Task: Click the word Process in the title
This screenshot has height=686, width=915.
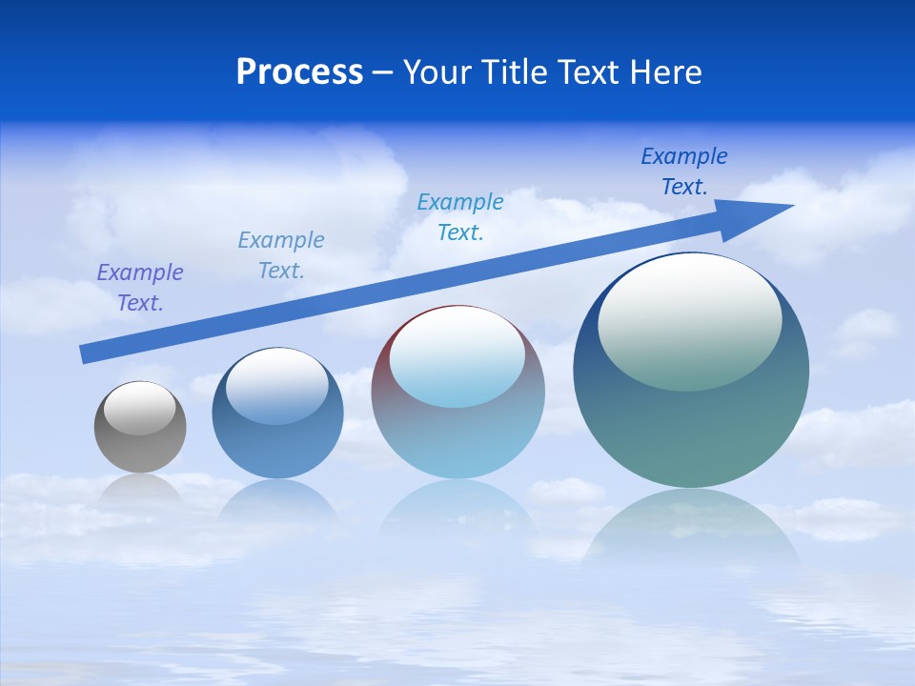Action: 299,72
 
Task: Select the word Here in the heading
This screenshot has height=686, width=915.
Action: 666,72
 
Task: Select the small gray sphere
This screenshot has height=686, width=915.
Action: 140,448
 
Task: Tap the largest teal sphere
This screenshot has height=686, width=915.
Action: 691,429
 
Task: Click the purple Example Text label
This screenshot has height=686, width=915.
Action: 140,287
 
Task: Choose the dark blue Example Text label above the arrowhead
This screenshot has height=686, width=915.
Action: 684,171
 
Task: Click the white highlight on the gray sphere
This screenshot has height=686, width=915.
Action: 140,408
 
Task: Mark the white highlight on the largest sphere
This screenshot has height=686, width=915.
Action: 689,319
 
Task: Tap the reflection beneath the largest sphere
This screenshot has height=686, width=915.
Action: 692,529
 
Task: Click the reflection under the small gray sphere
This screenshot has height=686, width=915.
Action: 140,491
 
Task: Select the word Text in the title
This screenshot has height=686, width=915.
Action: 592,72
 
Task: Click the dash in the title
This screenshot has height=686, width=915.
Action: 382,72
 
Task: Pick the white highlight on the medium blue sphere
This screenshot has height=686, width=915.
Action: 277,385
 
